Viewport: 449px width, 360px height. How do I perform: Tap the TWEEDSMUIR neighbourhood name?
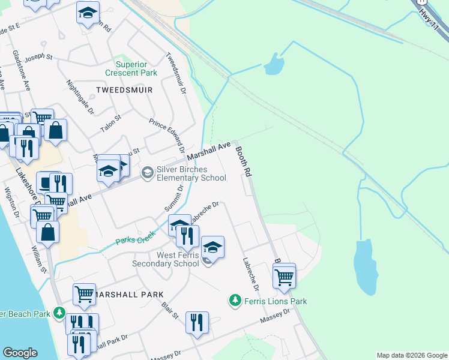[124, 90]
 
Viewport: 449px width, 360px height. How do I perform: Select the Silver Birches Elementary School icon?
[147, 173]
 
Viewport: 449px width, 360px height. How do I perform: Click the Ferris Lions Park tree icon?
[236, 300]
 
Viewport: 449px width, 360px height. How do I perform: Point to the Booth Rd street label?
[243, 161]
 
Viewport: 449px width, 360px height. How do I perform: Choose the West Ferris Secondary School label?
[169, 259]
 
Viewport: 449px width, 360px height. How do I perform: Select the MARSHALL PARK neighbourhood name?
[128, 295]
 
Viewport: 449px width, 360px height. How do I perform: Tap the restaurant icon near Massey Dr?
[197, 323]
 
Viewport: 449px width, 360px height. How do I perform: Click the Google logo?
[20, 353]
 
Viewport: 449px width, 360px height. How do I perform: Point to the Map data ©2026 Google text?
[412, 355]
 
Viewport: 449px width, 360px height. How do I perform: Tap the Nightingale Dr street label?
[80, 97]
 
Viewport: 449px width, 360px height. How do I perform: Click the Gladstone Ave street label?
[22, 70]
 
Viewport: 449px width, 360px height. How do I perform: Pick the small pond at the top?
[274, 64]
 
